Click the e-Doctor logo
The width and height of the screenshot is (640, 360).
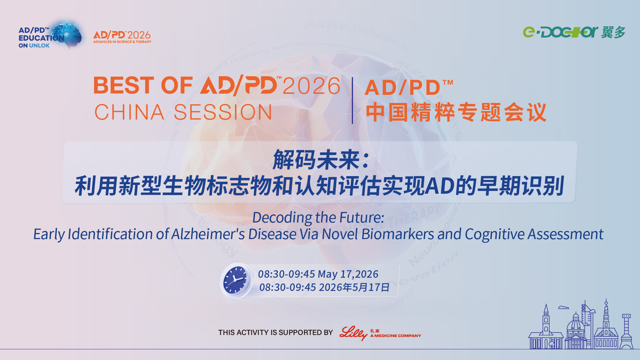pyautogui.click(x=574, y=32)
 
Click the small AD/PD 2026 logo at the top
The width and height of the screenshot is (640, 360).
pyautogui.click(x=122, y=37)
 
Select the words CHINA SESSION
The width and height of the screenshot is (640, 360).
pyautogui.click(x=183, y=112)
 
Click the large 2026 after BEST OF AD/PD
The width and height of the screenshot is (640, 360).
pyautogui.click(x=312, y=86)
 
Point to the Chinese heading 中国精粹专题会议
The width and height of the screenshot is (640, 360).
pyautogui.click(x=456, y=112)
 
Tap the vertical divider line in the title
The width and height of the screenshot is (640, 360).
pyautogui.click(x=353, y=100)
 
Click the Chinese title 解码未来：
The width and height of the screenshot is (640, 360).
pyautogui.click(x=321, y=160)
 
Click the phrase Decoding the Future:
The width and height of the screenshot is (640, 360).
pyautogui.click(x=318, y=217)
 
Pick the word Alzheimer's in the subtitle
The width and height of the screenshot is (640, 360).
pyautogui.click(x=208, y=234)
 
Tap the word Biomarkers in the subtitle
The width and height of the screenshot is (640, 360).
pyautogui.click(x=398, y=234)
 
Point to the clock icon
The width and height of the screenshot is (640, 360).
pyautogui.click(x=236, y=280)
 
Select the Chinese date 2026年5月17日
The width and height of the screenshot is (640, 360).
pyautogui.click(x=354, y=287)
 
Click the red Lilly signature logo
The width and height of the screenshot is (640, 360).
pyautogui.click(x=354, y=333)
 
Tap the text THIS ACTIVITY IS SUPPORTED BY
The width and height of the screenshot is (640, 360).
pyautogui.click(x=276, y=333)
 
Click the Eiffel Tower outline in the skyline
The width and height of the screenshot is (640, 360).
pyautogui.click(x=626, y=331)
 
